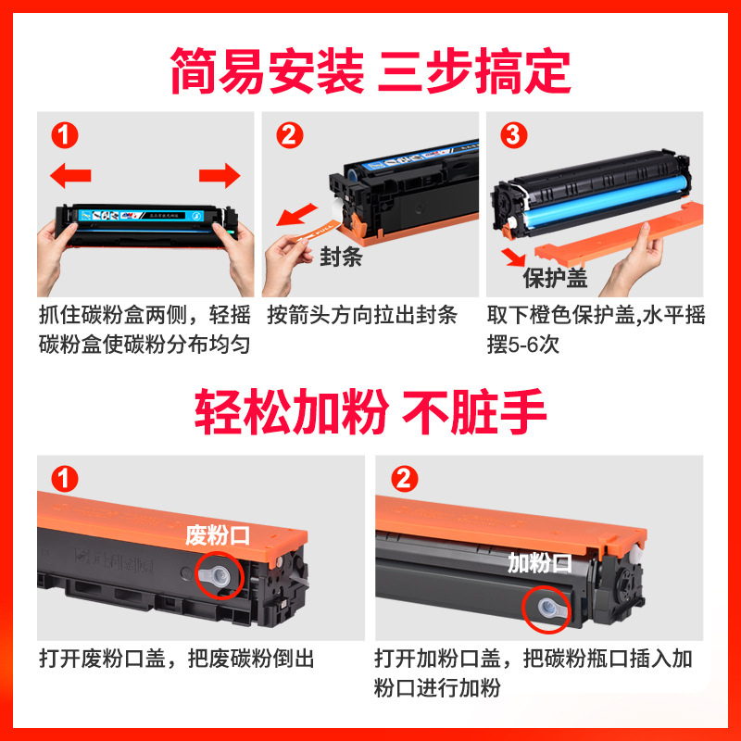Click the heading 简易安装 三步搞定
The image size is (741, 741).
[370, 69]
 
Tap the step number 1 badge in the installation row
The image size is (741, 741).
[63, 137]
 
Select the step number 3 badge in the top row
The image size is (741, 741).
[510, 137]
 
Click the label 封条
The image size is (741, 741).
[340, 257]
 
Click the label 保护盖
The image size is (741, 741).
[555, 278]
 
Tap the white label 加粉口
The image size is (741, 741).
[540, 563]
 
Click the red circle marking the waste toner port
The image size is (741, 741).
[220, 573]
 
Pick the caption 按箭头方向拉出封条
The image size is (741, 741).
[362, 315]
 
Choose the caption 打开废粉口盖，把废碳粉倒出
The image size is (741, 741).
[177, 659]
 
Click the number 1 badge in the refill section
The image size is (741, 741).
[63, 480]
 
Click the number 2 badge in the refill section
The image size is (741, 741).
[405, 480]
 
